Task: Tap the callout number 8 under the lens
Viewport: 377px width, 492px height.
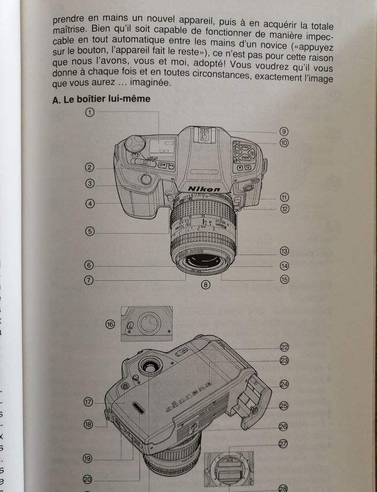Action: [x=204, y=285]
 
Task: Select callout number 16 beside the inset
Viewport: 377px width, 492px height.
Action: [x=111, y=324]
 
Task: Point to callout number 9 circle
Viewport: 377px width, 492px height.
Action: [x=284, y=132]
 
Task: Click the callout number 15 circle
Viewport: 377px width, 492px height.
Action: [x=284, y=279]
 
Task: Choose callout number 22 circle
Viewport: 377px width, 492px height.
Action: [x=284, y=347]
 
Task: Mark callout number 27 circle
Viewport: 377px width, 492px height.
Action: [x=283, y=443]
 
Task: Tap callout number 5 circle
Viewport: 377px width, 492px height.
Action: [x=89, y=232]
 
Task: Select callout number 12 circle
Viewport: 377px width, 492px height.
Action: [x=284, y=208]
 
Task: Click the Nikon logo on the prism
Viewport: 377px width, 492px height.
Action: [x=203, y=189]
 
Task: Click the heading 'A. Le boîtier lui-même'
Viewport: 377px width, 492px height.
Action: [x=101, y=99]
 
